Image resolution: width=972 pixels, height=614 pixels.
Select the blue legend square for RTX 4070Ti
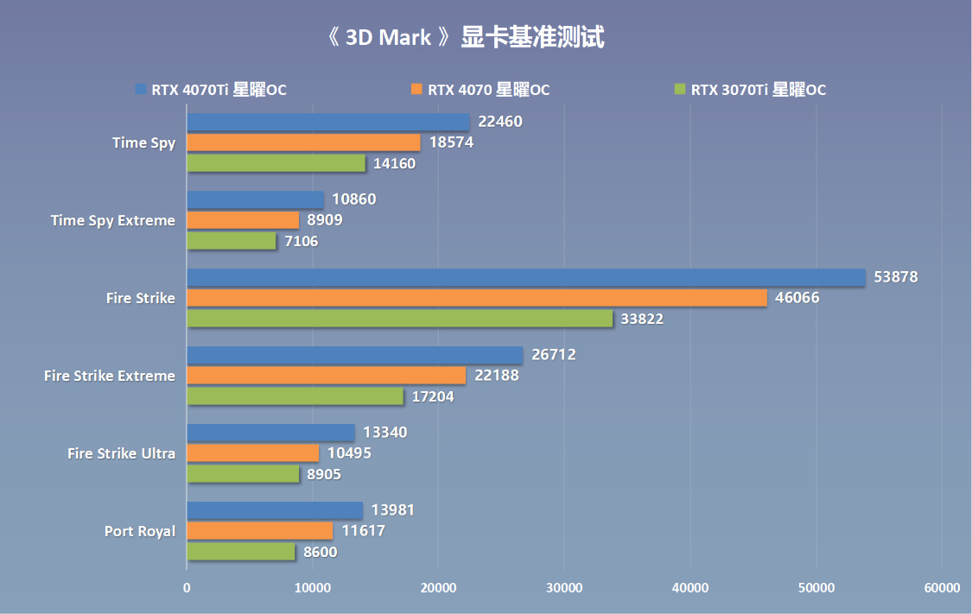pyautogui.click(x=140, y=89)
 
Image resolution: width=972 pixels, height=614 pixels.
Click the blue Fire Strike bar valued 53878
pyautogui.click(x=525, y=277)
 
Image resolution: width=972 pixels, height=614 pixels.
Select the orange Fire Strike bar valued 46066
pyautogui.click(x=476, y=298)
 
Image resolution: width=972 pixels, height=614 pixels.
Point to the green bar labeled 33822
pyautogui.click(x=399, y=319)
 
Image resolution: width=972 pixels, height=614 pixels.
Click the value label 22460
pyautogui.click(x=499, y=122)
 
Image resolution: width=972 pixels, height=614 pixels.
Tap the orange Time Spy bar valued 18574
pyautogui.click(x=303, y=142)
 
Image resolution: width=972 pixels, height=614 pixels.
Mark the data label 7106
pyautogui.click(x=302, y=241)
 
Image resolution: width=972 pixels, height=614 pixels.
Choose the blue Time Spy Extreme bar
pyautogui.click(x=255, y=199)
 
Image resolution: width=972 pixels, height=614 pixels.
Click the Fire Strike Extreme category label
pyautogui.click(x=110, y=376)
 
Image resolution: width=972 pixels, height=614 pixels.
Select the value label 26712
pyautogui.click(x=554, y=355)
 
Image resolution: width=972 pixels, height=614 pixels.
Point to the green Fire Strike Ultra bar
pyautogui.click(x=243, y=474)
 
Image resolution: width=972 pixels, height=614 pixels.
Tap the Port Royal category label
pyautogui.click(x=140, y=531)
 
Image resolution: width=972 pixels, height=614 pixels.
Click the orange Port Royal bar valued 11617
pyautogui.click(x=259, y=531)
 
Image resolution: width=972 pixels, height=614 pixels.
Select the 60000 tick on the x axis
pyautogui.click(x=941, y=588)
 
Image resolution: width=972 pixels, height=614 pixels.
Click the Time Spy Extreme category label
pyautogui.click(x=113, y=220)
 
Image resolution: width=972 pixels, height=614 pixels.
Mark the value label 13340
pyautogui.click(x=385, y=433)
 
